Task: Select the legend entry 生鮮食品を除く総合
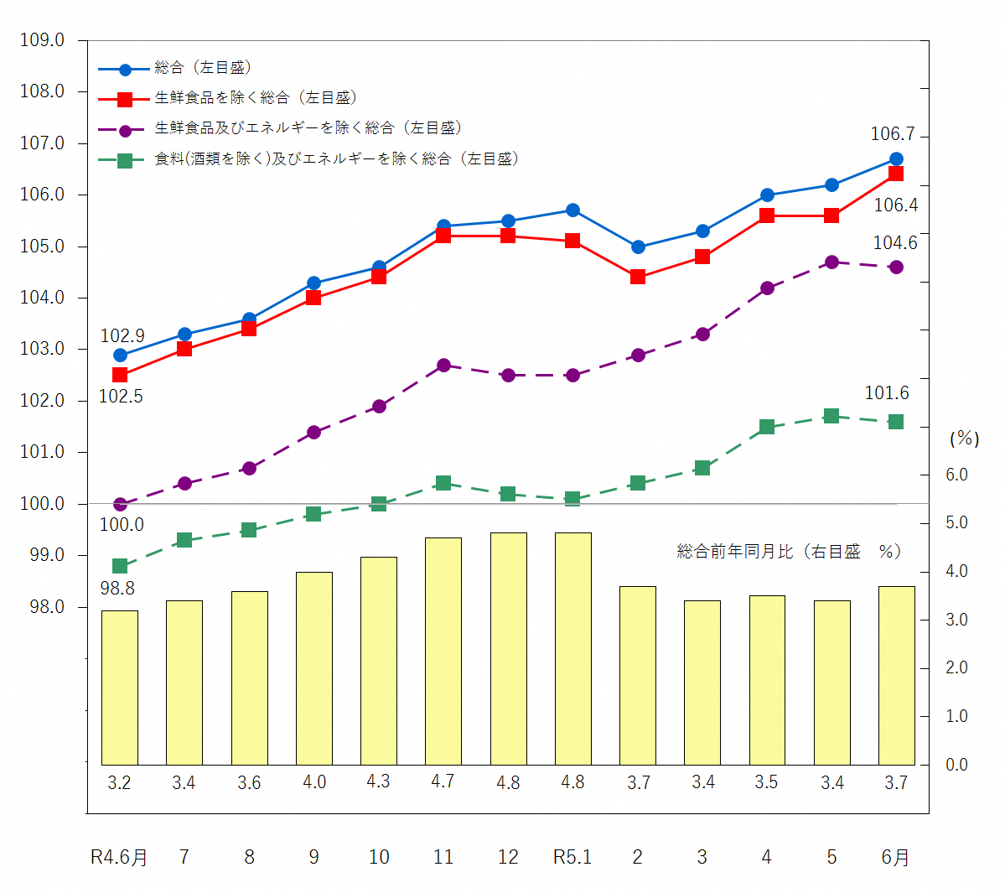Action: (256, 98)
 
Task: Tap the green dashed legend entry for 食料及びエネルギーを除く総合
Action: (336, 158)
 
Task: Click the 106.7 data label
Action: (893, 134)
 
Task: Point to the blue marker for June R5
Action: (896, 159)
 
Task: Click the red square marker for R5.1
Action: (572, 241)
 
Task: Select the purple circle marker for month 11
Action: (443, 366)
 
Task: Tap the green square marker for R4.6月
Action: (120, 566)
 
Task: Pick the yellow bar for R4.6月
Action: (120, 688)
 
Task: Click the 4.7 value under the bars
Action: (443, 781)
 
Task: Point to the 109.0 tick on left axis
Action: (42, 40)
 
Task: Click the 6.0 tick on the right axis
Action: (956, 475)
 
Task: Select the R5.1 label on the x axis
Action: (572, 857)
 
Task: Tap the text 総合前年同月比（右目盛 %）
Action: (789, 552)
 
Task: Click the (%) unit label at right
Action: (964, 439)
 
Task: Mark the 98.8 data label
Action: (117, 589)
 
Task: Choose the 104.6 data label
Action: (895, 243)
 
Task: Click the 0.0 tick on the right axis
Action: (956, 765)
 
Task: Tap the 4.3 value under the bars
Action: (378, 781)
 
